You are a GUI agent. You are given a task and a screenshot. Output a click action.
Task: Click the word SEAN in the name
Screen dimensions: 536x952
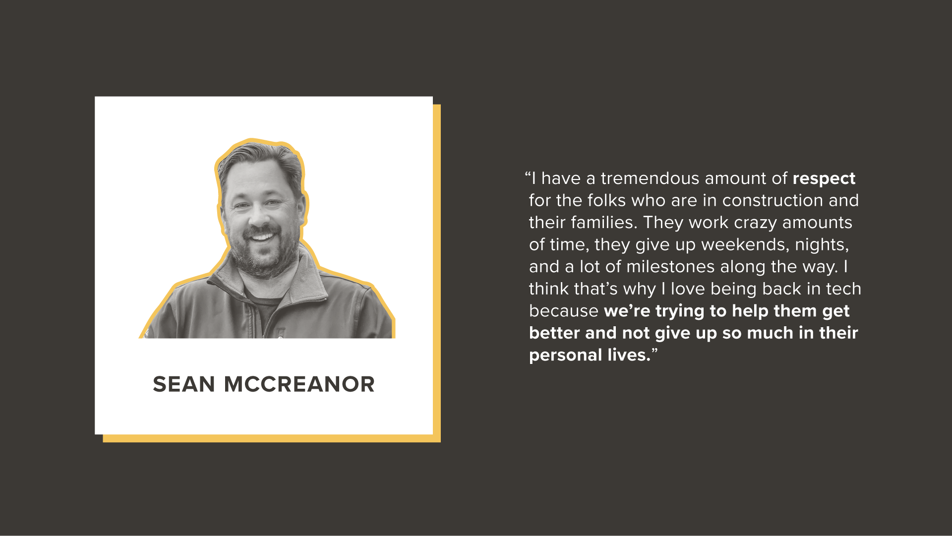pyautogui.click(x=183, y=384)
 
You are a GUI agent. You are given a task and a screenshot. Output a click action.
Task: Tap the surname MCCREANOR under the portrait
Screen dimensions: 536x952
pyautogui.click(x=299, y=384)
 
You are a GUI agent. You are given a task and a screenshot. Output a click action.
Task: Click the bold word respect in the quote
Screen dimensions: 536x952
pyautogui.click(x=824, y=179)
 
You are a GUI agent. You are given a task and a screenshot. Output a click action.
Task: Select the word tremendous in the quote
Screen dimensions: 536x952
pyautogui.click(x=650, y=179)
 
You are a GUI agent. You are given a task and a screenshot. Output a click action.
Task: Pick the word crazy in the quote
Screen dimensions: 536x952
pyautogui.click(x=755, y=223)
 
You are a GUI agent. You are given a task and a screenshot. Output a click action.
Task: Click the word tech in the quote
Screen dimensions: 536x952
pyautogui.click(x=843, y=289)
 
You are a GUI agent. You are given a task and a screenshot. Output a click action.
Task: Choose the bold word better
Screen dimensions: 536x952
pyautogui.click(x=554, y=333)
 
